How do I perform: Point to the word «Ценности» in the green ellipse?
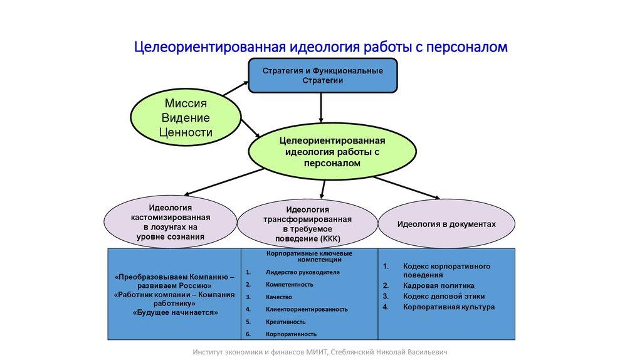tap(186, 132)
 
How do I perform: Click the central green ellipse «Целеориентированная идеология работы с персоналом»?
tap(332, 151)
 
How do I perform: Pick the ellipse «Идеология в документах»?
tap(446, 224)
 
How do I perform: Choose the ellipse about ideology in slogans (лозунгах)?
tap(171, 221)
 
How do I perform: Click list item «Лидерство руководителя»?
tap(302, 273)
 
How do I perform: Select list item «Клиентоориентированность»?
tap(307, 309)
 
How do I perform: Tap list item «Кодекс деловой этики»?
tap(443, 296)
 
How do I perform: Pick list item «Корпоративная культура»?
tap(448, 307)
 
